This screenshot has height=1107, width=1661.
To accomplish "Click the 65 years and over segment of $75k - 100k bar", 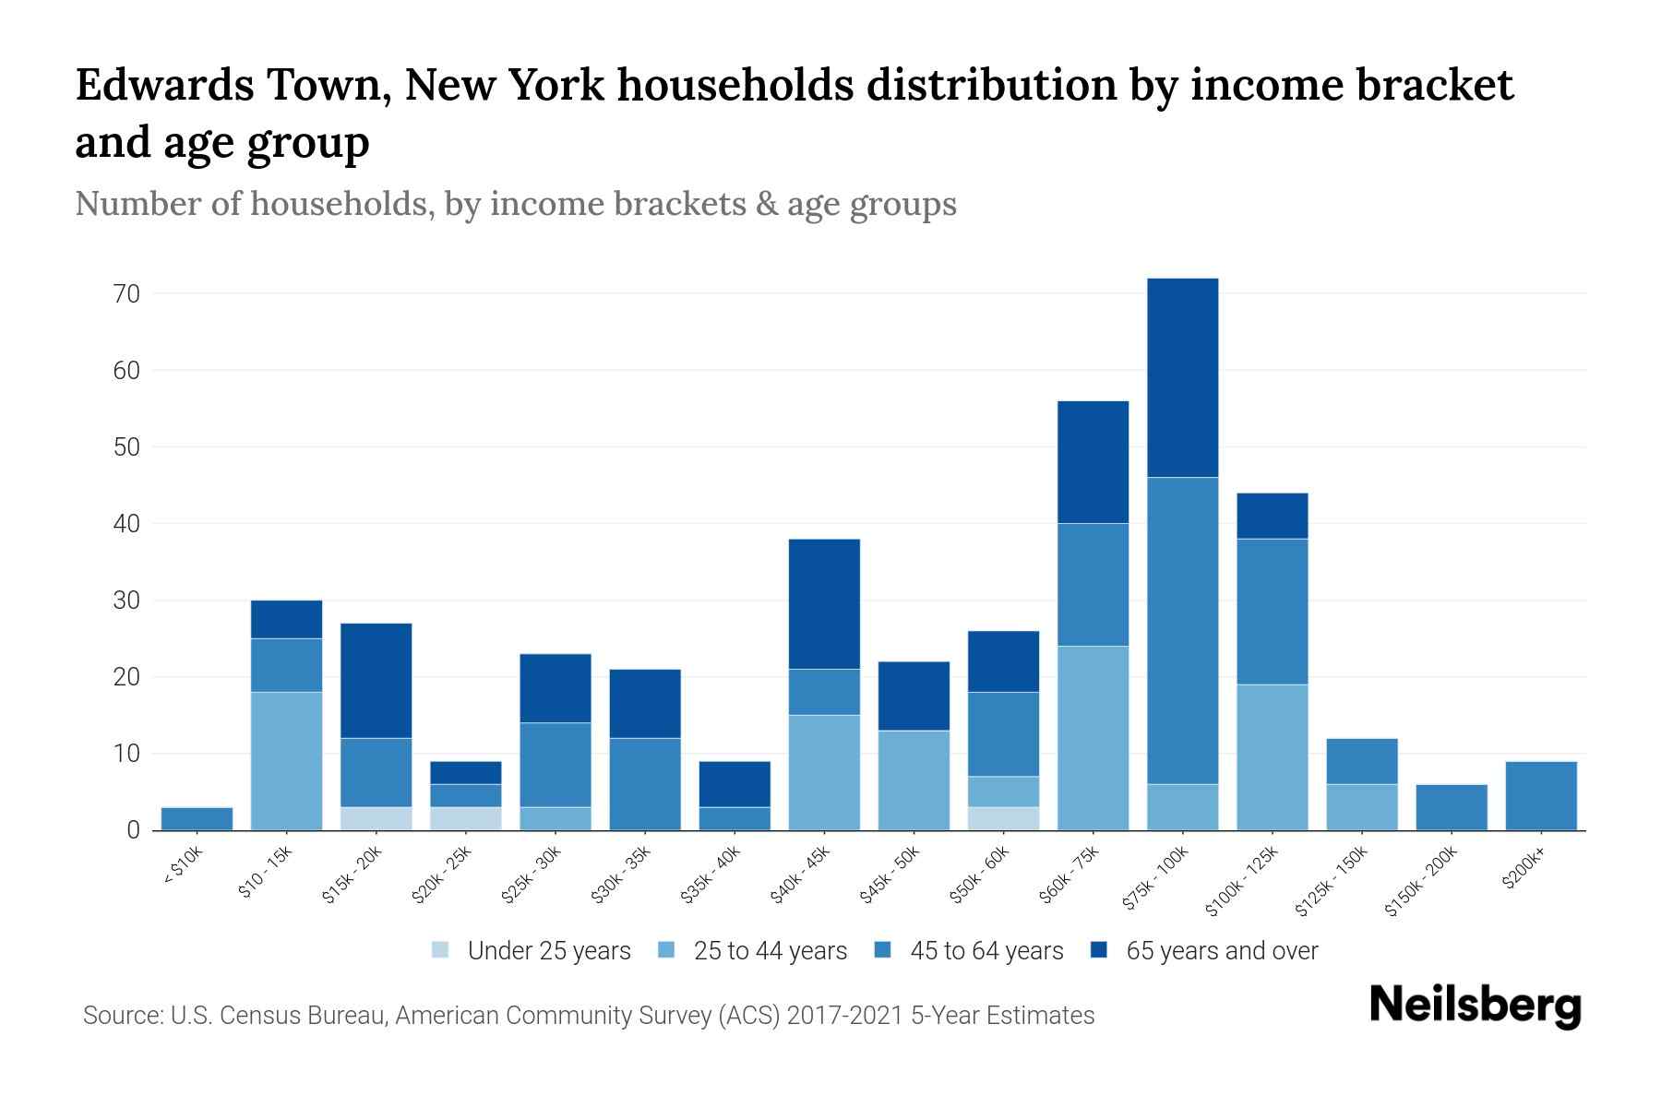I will tap(1182, 377).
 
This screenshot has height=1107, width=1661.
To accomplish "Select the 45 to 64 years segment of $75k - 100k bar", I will tap(1182, 630).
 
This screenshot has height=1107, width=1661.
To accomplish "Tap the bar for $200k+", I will tap(1540, 795).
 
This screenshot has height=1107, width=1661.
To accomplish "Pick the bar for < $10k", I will tap(197, 818).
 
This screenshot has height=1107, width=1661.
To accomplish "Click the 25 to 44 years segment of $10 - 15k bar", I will tap(286, 761).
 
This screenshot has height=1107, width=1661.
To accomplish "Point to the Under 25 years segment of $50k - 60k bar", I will tap(1003, 818).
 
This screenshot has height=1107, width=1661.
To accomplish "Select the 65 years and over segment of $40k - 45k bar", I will tap(824, 603).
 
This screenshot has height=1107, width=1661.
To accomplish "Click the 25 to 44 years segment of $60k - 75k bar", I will tap(1093, 738).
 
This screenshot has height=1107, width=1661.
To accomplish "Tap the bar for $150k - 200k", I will tap(1451, 807).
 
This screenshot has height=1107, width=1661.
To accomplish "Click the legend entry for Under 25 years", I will tap(548, 951).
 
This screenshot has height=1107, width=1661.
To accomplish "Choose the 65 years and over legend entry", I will tap(1221, 951).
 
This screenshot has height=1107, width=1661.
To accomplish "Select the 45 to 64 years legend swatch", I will tap(883, 950).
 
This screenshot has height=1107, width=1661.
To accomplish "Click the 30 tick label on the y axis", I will tap(125, 601).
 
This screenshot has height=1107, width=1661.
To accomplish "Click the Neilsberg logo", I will tap(1475, 1006).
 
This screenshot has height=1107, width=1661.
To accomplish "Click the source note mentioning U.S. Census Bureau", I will tap(588, 1016).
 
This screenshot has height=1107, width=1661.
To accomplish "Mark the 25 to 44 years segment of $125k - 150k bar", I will tap(1361, 807).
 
